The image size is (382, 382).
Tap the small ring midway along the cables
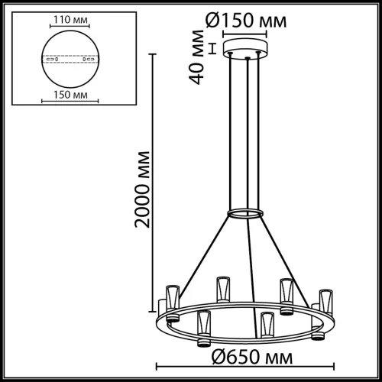pos(248,212)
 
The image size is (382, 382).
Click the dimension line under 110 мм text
pos(70,30)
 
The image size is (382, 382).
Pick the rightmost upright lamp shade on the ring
pos(325,299)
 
